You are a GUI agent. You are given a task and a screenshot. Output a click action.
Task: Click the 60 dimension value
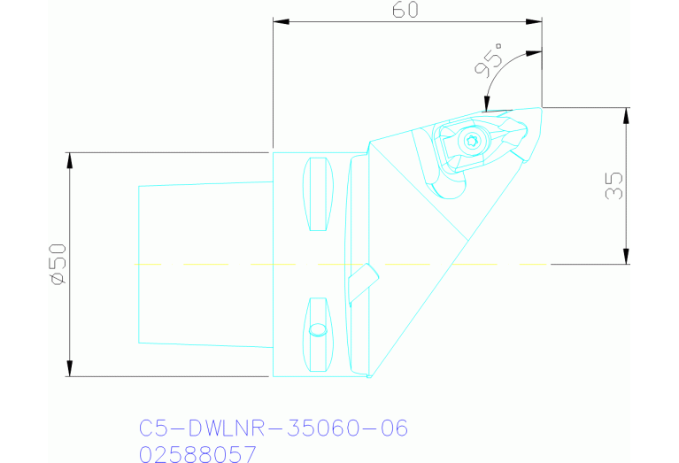click(406, 10)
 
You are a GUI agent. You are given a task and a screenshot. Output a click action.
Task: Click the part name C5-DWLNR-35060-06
click(274, 429)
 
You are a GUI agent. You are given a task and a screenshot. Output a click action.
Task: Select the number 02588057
click(198, 455)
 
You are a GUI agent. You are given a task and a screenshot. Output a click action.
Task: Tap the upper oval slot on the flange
click(318, 194)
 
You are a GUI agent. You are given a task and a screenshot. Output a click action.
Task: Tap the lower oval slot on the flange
click(318, 336)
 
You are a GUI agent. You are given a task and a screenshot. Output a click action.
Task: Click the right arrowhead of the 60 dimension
click(536, 21)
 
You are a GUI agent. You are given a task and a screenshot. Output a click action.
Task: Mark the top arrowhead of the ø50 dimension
click(68, 158)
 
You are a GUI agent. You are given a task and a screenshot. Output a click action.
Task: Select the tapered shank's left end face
click(139, 264)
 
